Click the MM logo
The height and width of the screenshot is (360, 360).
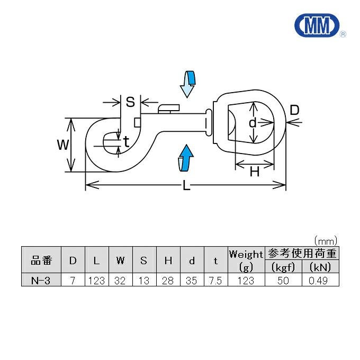click(316, 25)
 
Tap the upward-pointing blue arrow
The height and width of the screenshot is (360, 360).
click(185, 158)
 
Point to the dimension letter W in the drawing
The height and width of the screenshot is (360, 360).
click(62, 145)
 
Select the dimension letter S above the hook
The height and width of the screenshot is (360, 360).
click(130, 101)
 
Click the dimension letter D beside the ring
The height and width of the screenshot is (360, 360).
click(295, 110)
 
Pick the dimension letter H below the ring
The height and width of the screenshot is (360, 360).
click(255, 171)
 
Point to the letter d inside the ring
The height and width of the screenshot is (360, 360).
click(253, 123)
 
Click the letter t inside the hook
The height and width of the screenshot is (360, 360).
click(126, 141)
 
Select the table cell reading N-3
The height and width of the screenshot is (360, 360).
click(41, 280)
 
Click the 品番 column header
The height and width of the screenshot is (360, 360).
click(41, 260)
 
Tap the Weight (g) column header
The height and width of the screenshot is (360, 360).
click(246, 260)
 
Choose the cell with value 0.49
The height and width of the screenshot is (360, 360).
click(320, 280)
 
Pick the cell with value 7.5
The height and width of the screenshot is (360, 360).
click(215, 280)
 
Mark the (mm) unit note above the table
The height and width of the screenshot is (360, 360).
click(325, 240)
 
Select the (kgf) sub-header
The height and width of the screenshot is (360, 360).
click(283, 267)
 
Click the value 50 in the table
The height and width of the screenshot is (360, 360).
click(283, 280)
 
